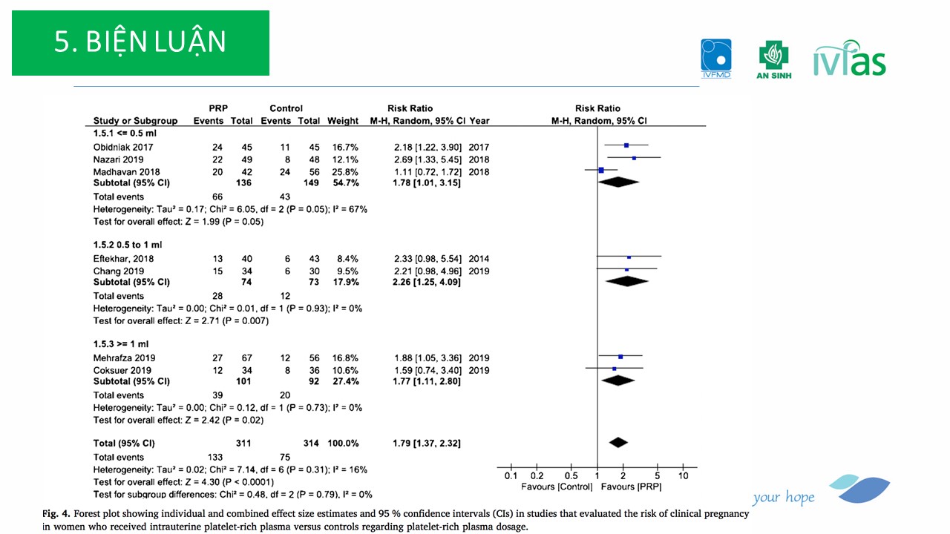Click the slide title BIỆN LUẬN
pos(140,43)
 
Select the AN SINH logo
pos(773,60)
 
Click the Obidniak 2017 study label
pos(122,146)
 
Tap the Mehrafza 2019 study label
pos(123,358)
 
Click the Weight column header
pos(343,121)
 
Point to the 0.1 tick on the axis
pos(511,475)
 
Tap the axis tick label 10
pos(684,475)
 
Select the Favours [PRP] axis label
pos(631,487)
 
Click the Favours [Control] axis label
pos(557,487)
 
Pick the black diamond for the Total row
pos(617,443)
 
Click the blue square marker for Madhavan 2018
pos(601,171)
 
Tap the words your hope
pos(783,498)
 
